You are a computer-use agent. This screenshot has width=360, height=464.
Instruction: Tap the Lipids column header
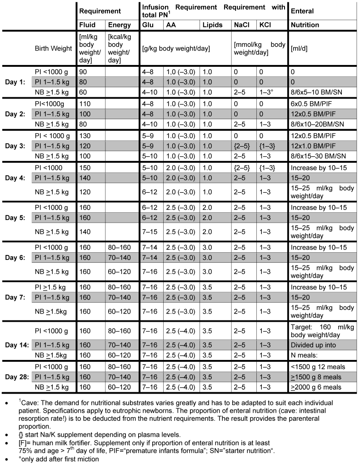212,25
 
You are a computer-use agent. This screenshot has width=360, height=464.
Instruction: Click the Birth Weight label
53,49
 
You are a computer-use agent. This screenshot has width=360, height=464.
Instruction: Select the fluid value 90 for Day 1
83,72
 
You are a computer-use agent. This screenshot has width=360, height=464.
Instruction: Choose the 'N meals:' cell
305,356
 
